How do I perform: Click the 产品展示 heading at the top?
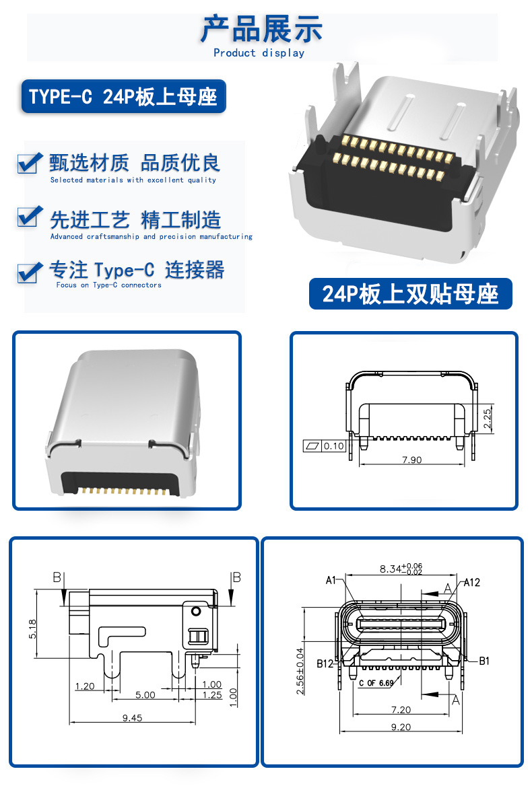[261, 30]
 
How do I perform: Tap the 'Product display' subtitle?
[259, 53]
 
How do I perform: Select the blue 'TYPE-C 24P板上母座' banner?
[123, 96]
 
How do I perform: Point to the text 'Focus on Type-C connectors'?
[108, 285]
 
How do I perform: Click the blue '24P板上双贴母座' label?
[411, 293]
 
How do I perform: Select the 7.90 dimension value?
[411, 460]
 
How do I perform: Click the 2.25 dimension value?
[487, 419]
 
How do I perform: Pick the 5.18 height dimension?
[32, 629]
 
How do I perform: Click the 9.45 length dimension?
[133, 718]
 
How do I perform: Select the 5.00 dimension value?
[145, 695]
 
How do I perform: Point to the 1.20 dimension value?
[84, 686]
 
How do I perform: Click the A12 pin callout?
[472, 582]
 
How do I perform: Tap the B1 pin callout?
[484, 661]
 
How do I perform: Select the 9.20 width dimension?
[401, 727]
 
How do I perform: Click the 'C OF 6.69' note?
[376, 684]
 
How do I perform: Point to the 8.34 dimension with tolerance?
[401, 569]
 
